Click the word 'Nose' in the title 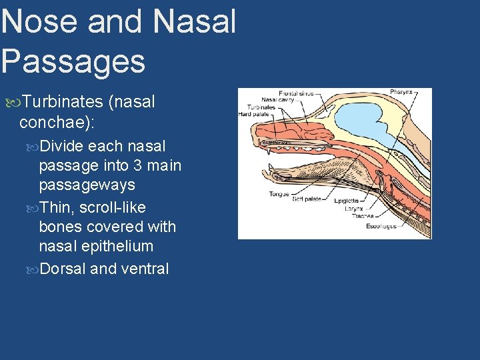click(x=40, y=21)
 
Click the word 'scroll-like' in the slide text click(x=112, y=207)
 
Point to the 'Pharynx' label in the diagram click(x=401, y=93)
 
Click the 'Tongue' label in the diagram click(x=279, y=194)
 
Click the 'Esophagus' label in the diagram click(x=381, y=226)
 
